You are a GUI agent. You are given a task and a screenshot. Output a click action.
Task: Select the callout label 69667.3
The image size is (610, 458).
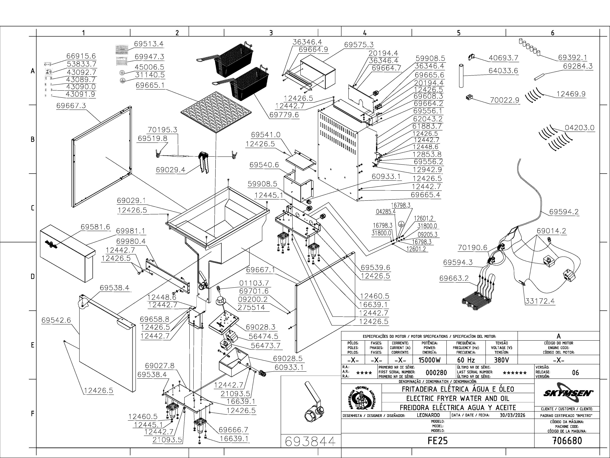coord(71,106)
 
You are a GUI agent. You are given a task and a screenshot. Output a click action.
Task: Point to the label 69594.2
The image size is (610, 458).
coord(564,212)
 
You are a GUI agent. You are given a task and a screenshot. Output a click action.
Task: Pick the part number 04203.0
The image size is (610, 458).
coord(579,128)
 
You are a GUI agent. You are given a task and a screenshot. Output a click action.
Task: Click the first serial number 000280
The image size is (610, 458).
coord(436,373)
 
